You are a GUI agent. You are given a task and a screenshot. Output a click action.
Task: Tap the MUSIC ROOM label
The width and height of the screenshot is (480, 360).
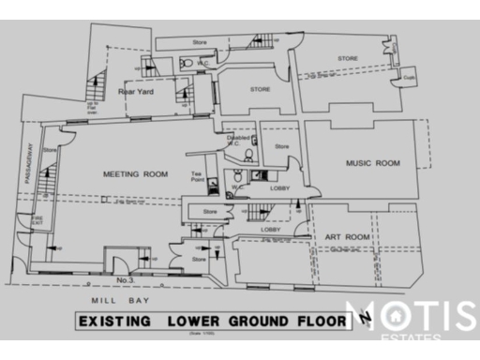372,163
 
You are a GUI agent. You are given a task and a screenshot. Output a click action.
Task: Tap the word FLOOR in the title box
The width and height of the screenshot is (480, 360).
308,322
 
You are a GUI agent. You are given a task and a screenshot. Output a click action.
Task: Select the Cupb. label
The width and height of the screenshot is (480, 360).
409,78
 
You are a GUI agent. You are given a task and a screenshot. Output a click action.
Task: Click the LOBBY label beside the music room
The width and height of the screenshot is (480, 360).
279,188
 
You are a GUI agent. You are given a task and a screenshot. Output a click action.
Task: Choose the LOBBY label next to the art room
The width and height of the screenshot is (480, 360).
271,229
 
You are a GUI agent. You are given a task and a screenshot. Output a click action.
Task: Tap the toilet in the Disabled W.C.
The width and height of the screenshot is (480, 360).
248,156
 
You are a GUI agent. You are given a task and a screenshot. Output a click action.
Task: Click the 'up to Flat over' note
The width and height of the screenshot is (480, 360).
92,110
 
